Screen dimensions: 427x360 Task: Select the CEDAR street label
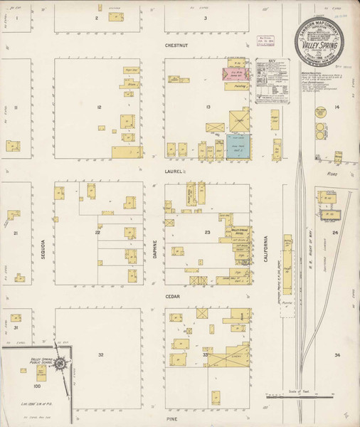173,296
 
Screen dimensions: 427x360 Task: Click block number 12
100,107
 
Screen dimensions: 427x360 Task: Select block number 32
101,354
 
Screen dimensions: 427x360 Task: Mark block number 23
208,233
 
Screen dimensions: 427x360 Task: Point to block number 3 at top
205,18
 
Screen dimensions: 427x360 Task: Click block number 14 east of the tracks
338,107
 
